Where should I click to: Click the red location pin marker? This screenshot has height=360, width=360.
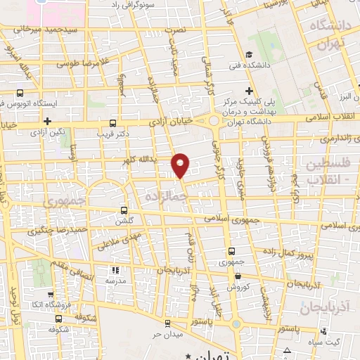pyautogui.click(x=181, y=165)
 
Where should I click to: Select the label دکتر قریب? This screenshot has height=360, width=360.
pyautogui.click(x=111, y=133)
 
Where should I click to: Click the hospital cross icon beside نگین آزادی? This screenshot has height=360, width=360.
pyautogui.click(x=46, y=122)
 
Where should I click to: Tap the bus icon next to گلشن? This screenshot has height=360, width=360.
pyautogui.click(x=124, y=210)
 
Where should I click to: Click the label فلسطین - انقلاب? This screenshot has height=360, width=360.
pyautogui.click(x=332, y=170)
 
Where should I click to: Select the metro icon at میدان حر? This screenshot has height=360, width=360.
pyautogui.click(x=167, y=323)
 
